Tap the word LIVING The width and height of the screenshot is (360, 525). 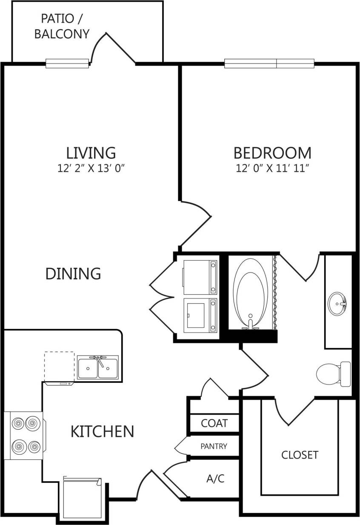coord(91,152)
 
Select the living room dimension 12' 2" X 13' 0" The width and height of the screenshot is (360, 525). coord(91,168)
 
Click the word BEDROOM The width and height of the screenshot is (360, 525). coord(272,152)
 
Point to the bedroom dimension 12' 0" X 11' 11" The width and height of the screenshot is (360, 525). coord(272,168)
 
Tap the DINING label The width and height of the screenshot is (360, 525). coord(73,273)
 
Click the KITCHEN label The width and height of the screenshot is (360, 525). coord(102,431)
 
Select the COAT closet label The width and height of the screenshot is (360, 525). coord(214,423)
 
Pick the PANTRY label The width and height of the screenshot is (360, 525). coord(214,446)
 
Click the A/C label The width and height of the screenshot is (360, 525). coord(215,479)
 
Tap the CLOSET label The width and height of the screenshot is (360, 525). coord(300,455)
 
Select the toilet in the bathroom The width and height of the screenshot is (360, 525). coord(333,373)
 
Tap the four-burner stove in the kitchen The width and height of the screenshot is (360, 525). coord(25,435)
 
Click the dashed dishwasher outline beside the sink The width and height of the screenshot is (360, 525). coord(59,366)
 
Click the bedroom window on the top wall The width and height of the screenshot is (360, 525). coord(269,64)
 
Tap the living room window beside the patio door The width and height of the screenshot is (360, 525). coord(67,63)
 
